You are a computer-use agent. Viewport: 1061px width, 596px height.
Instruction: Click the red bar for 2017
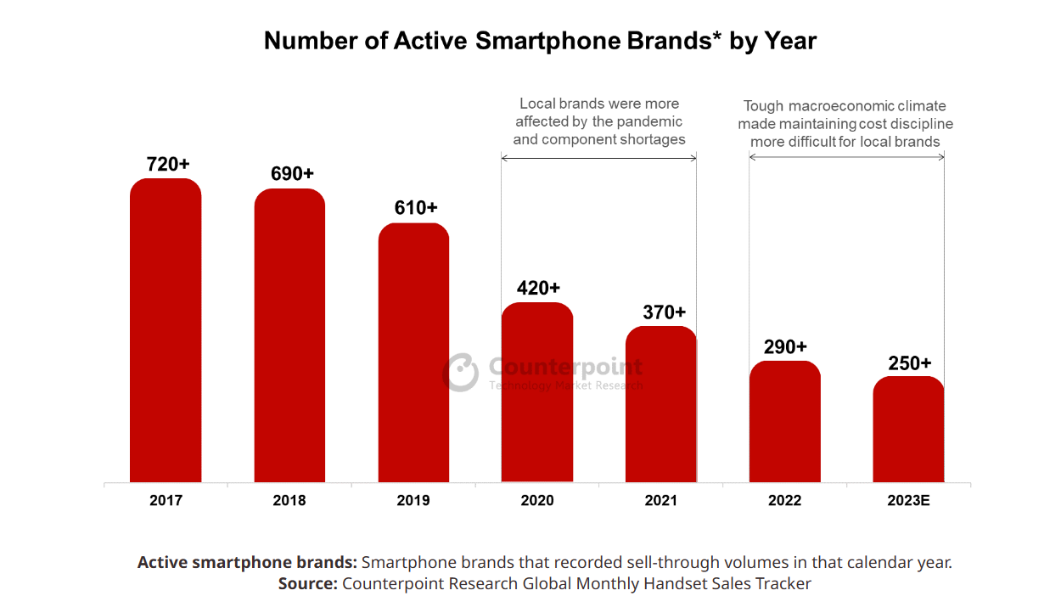point(166,331)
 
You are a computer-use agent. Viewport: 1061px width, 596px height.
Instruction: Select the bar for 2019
point(413,353)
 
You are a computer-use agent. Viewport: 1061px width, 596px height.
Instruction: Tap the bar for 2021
point(661,404)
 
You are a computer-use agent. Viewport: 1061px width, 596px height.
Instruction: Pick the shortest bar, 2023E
point(908,430)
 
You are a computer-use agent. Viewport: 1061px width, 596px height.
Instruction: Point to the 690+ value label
point(292,174)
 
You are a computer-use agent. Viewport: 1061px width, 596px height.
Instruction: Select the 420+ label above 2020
point(538,289)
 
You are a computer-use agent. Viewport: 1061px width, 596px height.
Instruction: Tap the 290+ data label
point(784,347)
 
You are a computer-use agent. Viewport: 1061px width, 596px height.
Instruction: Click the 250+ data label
point(909,363)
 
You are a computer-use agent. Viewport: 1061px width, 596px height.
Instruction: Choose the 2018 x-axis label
point(289,501)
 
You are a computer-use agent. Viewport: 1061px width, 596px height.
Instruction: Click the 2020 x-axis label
point(537,501)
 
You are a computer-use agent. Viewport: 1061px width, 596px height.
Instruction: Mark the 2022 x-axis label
point(785,501)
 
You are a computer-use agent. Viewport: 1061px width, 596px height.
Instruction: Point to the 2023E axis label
point(909,501)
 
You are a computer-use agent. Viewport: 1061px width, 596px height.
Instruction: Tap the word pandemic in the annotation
point(649,121)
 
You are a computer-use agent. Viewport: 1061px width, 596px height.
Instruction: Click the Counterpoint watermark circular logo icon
point(462,373)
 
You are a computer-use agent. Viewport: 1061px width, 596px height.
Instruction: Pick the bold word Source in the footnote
point(307,583)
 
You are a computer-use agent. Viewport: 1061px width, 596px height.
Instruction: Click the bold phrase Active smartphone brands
point(247,562)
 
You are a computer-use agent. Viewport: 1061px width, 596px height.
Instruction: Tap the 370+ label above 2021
point(664,312)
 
